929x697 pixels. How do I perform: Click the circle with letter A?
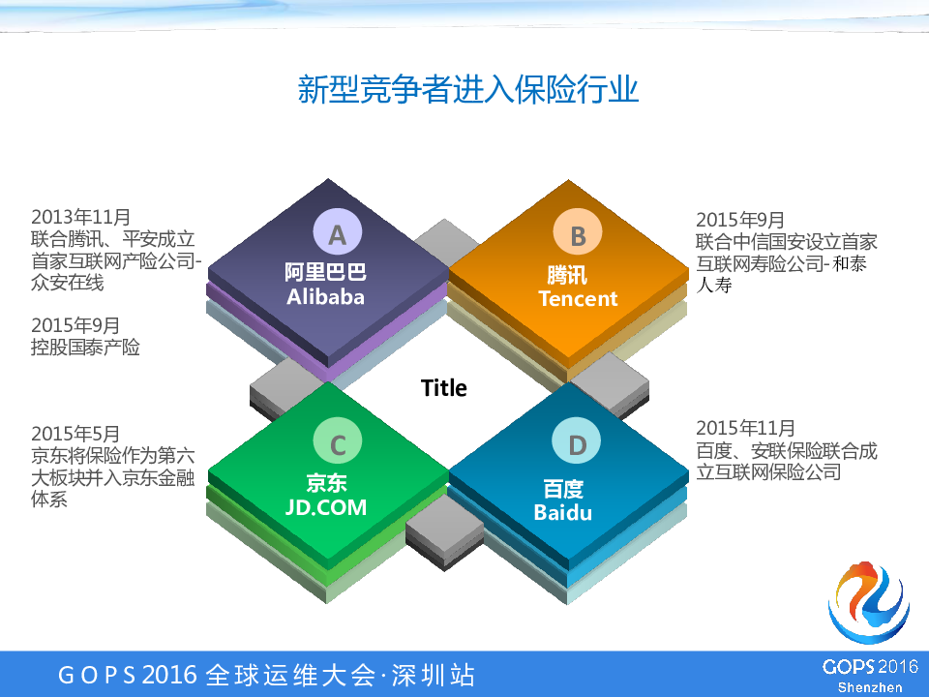click(x=338, y=233)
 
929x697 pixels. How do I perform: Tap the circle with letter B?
click(x=578, y=233)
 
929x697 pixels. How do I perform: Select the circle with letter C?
click(x=338, y=441)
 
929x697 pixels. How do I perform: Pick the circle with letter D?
click(x=577, y=441)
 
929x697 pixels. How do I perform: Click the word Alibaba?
click(x=325, y=297)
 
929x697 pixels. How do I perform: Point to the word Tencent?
click(x=578, y=299)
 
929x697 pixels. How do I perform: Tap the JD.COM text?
click(x=326, y=507)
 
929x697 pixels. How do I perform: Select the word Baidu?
click(x=563, y=513)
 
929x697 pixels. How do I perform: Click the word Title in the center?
click(x=444, y=388)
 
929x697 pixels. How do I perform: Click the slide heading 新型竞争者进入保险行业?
click(x=468, y=89)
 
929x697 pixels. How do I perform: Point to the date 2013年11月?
click(x=80, y=217)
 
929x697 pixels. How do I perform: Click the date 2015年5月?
click(x=75, y=434)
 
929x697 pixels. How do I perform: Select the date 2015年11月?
click(x=745, y=428)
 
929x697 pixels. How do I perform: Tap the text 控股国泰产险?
click(x=85, y=347)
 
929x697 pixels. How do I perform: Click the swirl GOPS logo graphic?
click(x=869, y=601)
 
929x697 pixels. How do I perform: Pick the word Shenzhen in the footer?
click(x=870, y=687)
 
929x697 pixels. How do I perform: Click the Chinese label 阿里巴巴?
click(x=325, y=272)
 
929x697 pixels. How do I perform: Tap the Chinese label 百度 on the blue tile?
click(x=563, y=489)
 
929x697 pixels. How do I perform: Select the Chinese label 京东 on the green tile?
click(x=326, y=483)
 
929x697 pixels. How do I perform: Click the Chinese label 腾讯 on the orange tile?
click(x=567, y=275)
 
